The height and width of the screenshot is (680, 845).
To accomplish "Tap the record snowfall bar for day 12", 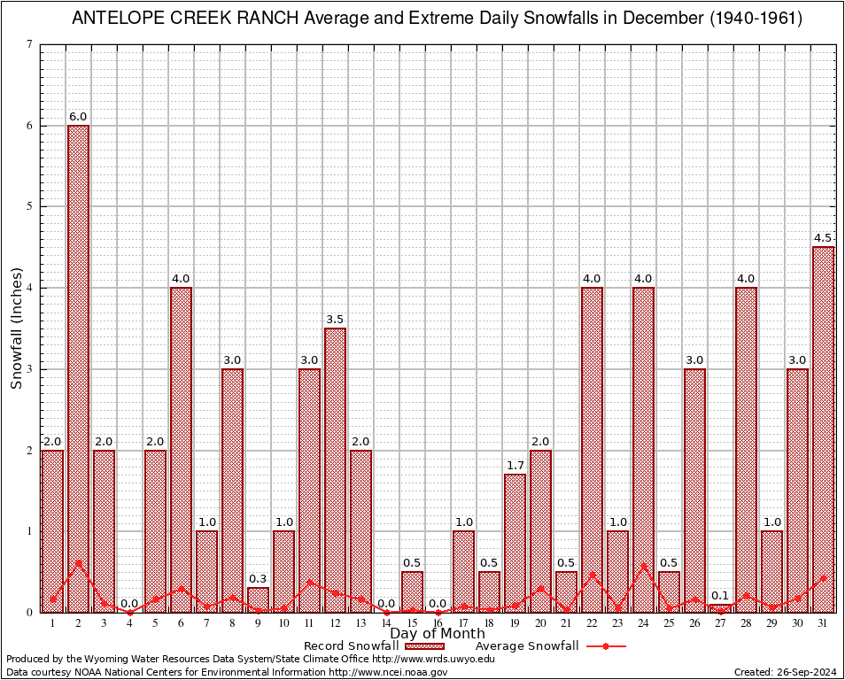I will (335, 469).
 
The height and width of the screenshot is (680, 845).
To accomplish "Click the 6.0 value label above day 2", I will (78, 117).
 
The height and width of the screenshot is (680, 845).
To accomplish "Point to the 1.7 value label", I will (515, 466).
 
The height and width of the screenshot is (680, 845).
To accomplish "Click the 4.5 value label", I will (823, 238).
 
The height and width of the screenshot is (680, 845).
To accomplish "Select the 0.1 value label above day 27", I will (720, 595).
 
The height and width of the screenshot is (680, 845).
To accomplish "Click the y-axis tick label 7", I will (30, 44).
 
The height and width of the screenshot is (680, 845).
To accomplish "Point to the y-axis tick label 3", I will (30, 369).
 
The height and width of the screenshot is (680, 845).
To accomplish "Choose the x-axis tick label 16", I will (438, 623).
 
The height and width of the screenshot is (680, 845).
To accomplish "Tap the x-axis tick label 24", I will (643, 623).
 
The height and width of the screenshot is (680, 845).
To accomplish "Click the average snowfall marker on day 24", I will (643, 566).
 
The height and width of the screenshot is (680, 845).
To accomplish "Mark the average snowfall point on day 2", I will (78, 562).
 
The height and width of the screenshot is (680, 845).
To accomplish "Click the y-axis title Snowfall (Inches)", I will (16, 328).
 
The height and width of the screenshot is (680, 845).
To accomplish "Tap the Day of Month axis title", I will (438, 634).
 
